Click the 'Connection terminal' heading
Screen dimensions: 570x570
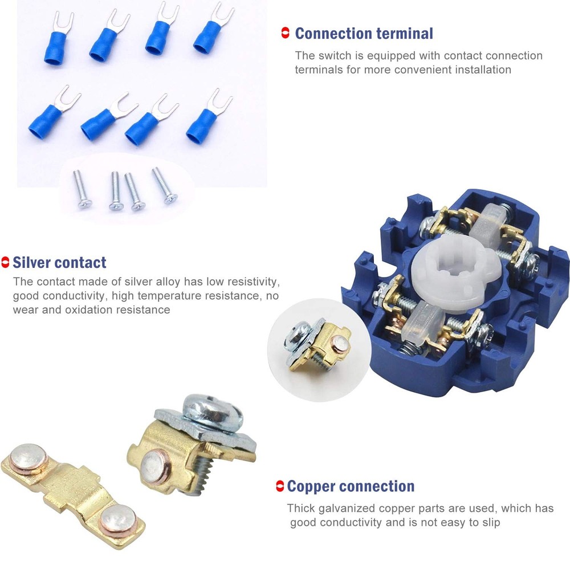[364, 34]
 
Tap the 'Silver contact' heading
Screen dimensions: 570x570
[59, 263]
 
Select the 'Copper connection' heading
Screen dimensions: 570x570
[351, 487]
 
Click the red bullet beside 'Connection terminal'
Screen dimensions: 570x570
[286, 34]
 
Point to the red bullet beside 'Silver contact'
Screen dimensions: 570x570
[5, 263]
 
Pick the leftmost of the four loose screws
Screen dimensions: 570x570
[81, 190]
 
